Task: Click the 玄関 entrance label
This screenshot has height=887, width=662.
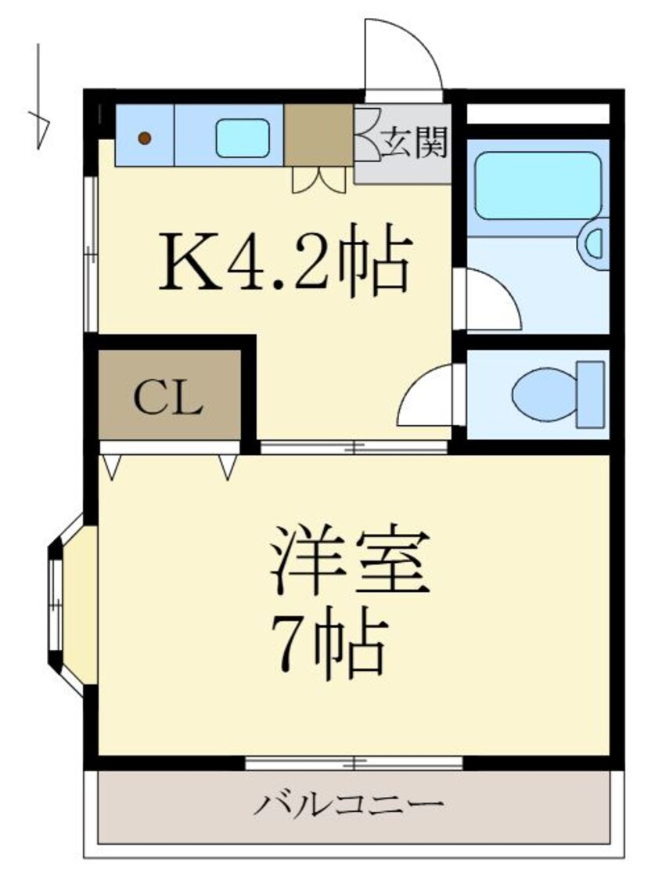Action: (414, 143)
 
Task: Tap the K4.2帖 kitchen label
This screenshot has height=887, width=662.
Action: (285, 258)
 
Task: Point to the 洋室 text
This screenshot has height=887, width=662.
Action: (349, 561)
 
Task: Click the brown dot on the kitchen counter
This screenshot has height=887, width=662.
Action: (144, 139)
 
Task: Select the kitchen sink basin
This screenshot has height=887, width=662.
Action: (242, 137)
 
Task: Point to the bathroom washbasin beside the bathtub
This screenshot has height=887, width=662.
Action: (595, 243)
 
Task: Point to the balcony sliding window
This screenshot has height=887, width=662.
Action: (354, 762)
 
